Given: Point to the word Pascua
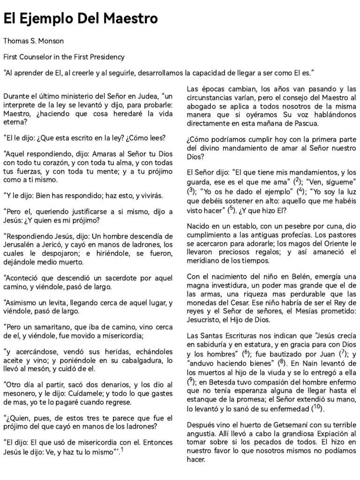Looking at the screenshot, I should (x=304, y=124).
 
